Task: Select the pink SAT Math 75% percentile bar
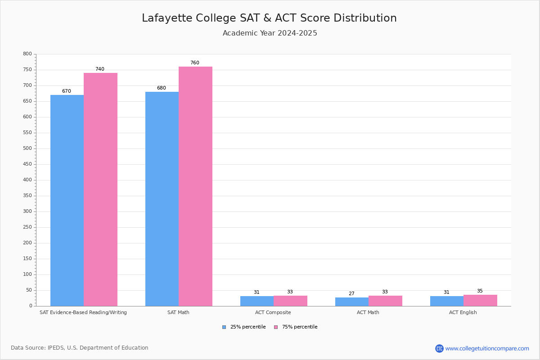(x=195, y=186)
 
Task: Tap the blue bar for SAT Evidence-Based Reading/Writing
(x=67, y=200)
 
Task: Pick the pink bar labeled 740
(x=100, y=189)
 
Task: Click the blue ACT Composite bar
(x=257, y=301)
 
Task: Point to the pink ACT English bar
(x=480, y=301)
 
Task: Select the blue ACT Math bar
(x=352, y=302)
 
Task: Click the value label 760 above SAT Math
(x=194, y=63)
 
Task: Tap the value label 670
(x=67, y=91)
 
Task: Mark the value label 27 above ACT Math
(x=351, y=294)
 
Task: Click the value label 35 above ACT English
(x=480, y=291)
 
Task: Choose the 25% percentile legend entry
(x=244, y=327)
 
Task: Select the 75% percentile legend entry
(x=296, y=327)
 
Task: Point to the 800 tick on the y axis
(x=27, y=54)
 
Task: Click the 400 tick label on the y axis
(x=27, y=180)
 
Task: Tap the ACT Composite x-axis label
(x=273, y=313)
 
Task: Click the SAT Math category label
(x=178, y=313)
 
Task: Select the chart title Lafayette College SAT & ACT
(x=269, y=18)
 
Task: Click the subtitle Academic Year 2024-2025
(x=270, y=33)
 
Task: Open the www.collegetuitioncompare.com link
(x=487, y=349)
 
